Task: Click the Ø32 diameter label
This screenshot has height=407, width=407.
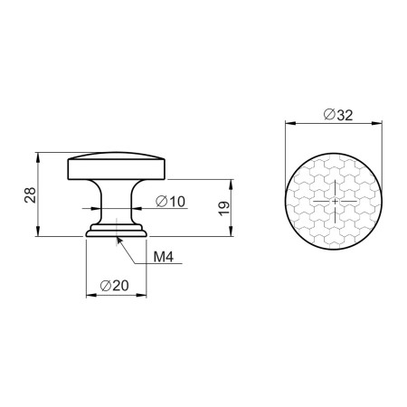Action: [x=338, y=115]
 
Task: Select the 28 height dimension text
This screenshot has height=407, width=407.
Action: [x=31, y=194]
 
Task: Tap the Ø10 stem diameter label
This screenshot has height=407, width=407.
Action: [x=171, y=202]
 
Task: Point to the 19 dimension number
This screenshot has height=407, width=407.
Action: [x=224, y=209]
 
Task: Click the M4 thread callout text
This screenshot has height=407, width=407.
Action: [x=164, y=257]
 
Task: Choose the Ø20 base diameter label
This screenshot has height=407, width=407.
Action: [x=114, y=286]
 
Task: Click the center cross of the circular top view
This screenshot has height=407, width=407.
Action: [x=335, y=201]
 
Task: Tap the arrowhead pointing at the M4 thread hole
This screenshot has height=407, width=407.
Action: [x=118, y=241]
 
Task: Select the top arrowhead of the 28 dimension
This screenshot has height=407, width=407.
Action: [x=37, y=157]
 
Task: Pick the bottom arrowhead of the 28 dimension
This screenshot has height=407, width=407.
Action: [x=37, y=232]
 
